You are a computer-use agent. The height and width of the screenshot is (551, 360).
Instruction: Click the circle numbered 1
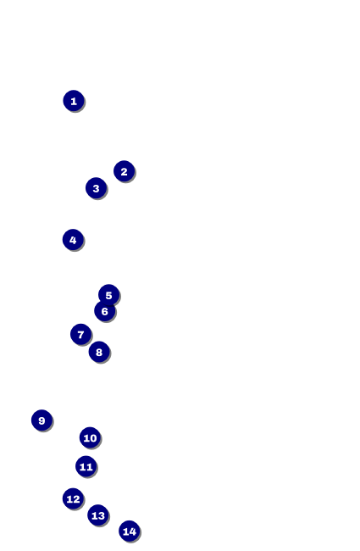[74, 101]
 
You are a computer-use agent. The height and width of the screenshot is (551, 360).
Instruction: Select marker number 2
[124, 171]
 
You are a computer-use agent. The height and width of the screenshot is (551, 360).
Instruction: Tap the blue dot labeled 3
[97, 188]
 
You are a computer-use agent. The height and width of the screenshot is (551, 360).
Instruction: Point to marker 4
[73, 240]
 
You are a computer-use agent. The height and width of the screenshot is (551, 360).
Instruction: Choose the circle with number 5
[109, 295]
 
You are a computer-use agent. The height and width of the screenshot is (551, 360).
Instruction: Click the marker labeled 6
[105, 311]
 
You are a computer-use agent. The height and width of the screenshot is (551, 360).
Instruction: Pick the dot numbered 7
[80, 334]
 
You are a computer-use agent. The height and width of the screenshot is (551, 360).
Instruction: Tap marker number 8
[99, 352]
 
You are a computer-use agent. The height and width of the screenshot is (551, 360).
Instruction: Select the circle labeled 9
[42, 420]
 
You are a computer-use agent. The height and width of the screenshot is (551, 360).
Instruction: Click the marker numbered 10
[91, 438]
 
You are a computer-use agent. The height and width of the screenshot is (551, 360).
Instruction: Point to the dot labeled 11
[86, 467]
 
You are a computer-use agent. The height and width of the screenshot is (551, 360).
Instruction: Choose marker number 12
[73, 498]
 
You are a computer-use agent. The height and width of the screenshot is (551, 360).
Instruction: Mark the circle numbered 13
[98, 515]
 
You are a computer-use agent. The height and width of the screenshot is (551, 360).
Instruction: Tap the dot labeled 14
[130, 532]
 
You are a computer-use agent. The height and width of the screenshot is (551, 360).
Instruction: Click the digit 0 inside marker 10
[93, 438]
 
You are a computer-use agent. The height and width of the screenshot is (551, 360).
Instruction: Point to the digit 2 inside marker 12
[76, 499]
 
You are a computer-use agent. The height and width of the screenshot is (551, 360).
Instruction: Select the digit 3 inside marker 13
[101, 515]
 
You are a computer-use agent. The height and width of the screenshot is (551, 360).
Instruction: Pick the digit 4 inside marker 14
[132, 532]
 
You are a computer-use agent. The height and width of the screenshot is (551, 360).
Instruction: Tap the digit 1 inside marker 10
[86, 438]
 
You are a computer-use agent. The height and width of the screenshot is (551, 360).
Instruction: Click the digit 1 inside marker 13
[94, 515]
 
